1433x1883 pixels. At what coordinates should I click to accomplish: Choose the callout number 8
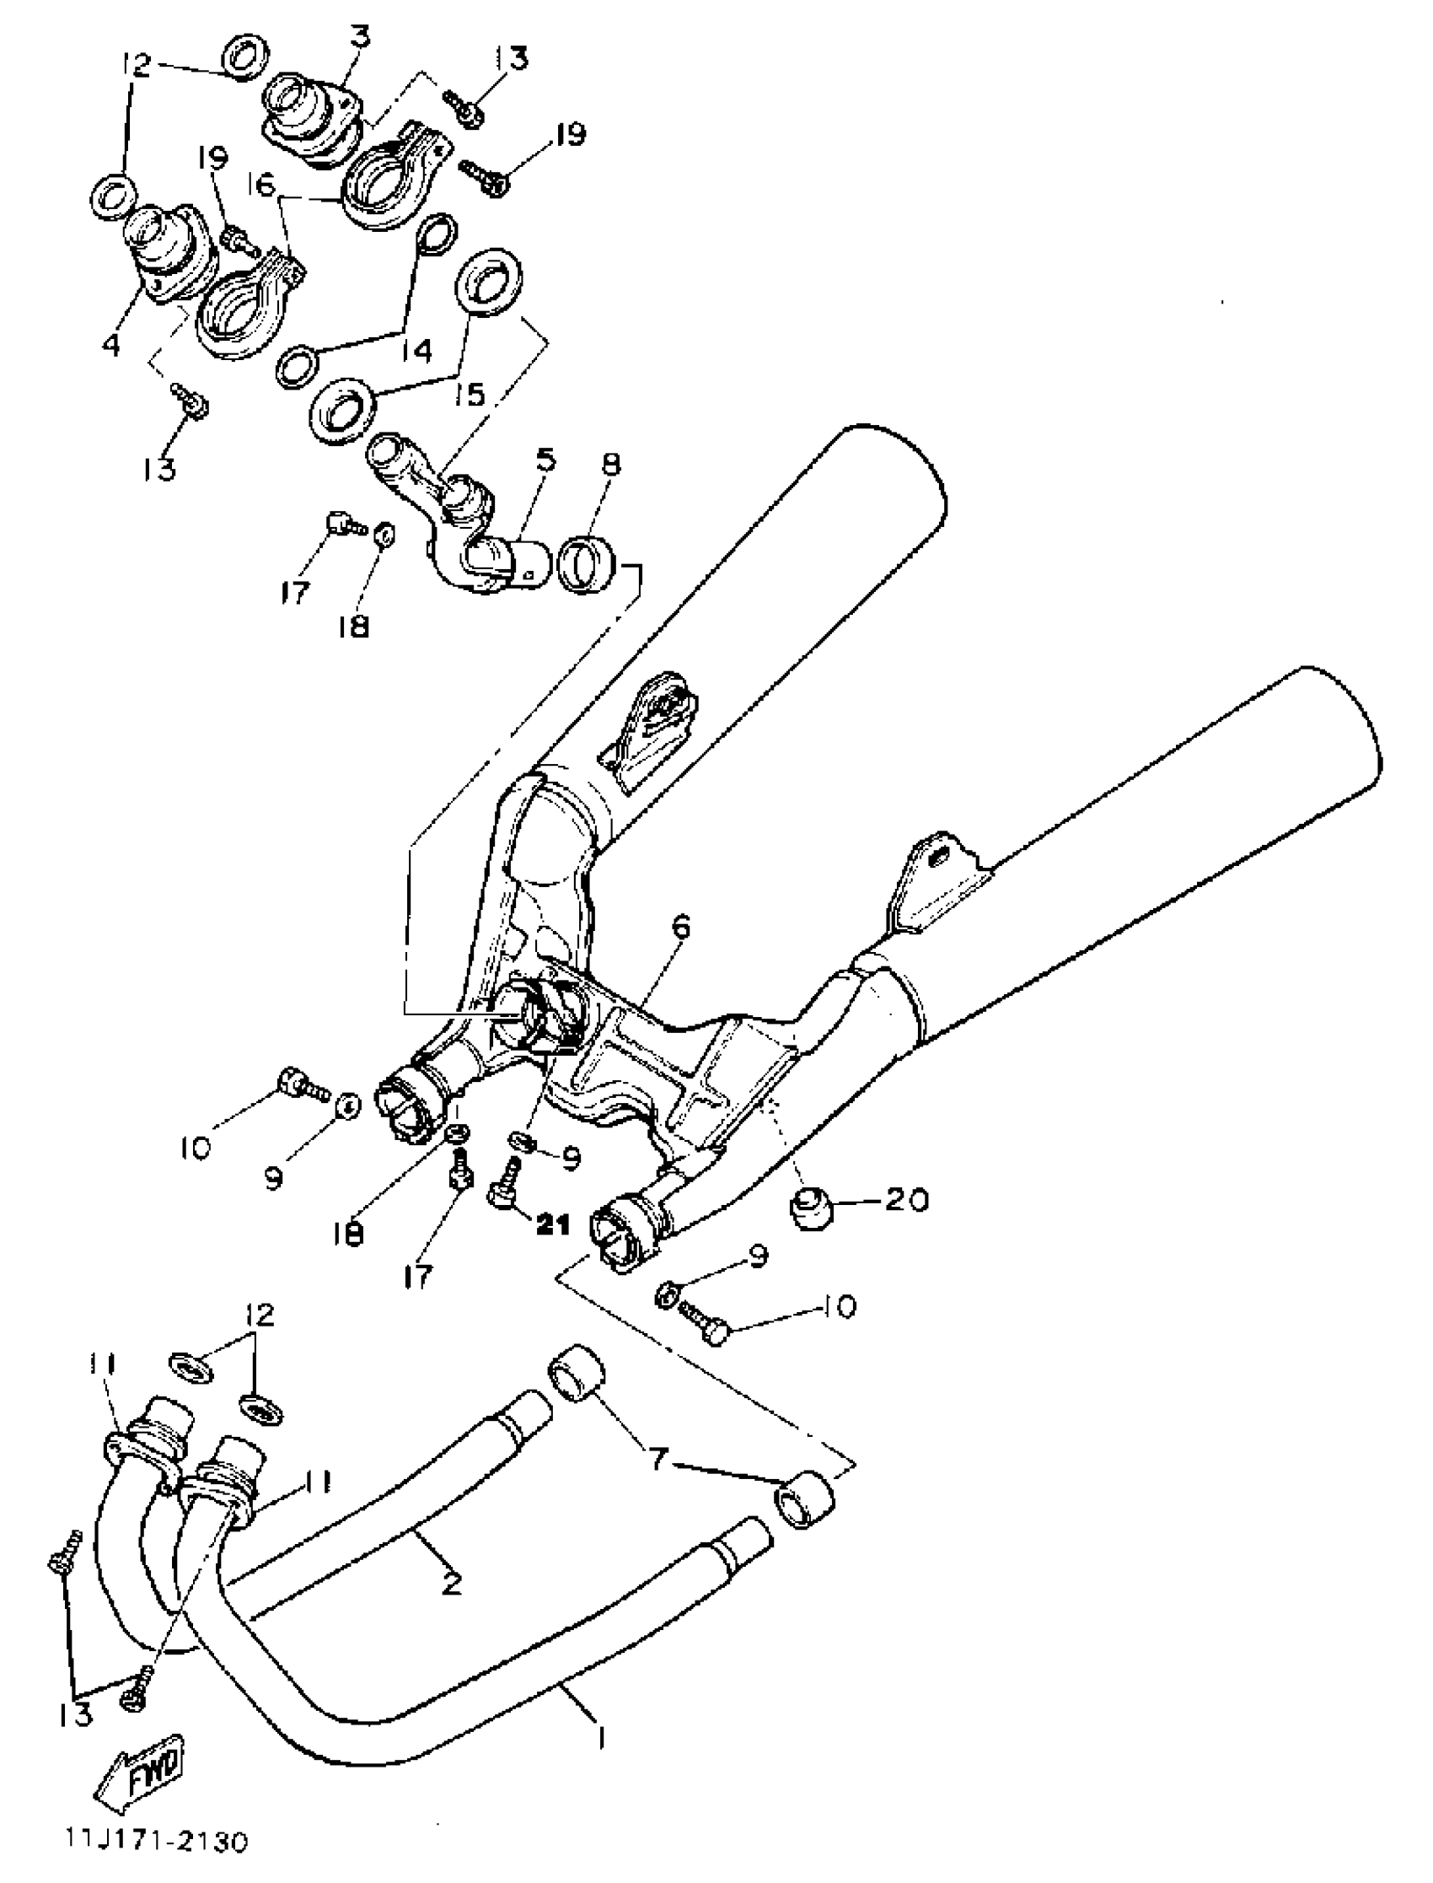(x=611, y=465)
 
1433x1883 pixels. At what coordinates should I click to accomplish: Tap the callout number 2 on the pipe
(x=451, y=1584)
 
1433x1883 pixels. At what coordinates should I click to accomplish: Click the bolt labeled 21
(x=505, y=1184)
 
